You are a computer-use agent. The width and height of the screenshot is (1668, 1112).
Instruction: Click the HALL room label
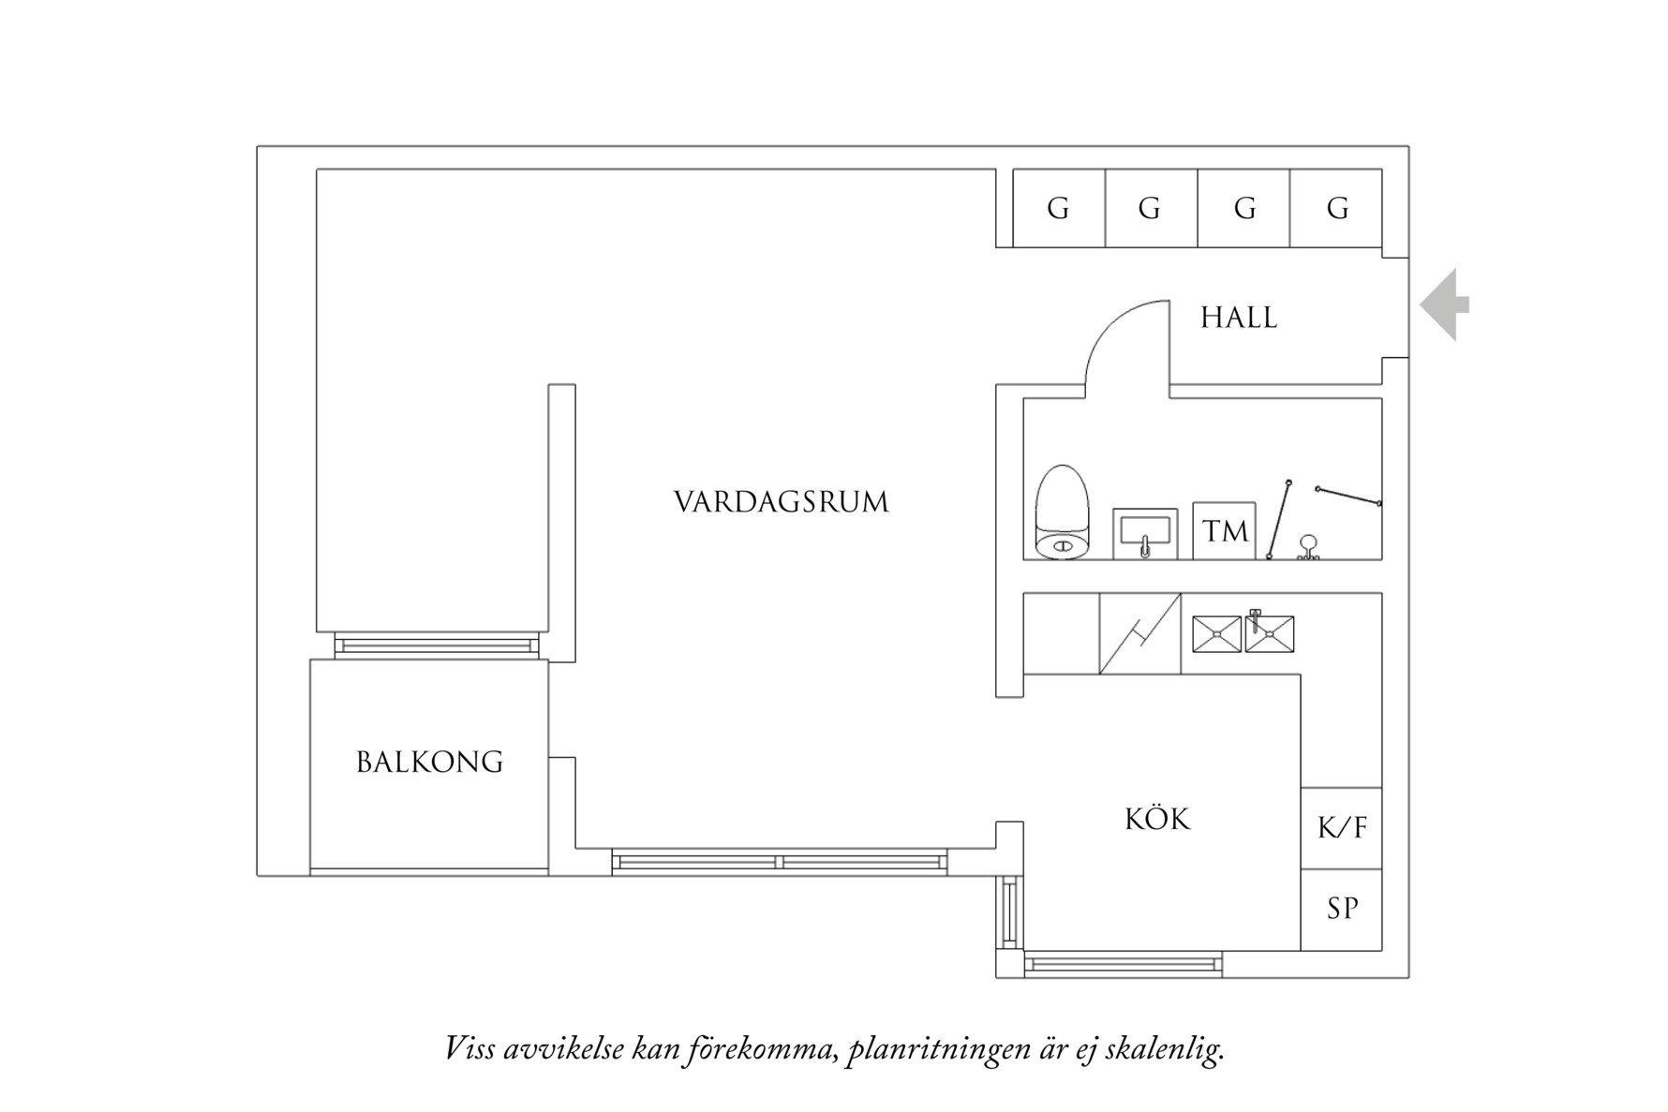(1238, 318)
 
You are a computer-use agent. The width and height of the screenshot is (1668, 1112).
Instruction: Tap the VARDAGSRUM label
(781, 502)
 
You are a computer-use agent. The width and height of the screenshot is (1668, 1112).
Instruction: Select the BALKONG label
(429, 762)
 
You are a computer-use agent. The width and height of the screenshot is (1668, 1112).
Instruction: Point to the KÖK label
(1157, 820)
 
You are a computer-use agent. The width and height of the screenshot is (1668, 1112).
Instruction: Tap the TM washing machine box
(1224, 531)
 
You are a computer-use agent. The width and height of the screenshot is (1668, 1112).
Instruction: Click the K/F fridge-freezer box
(1341, 828)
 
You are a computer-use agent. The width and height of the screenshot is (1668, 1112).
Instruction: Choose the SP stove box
(1341, 909)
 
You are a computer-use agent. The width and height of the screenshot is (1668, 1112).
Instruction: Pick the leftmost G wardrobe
(1059, 208)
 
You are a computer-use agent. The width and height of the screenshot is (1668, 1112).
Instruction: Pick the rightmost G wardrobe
(1336, 208)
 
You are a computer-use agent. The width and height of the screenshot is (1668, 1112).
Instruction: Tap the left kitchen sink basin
(1216, 634)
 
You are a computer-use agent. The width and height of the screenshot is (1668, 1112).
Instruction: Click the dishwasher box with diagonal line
(1139, 633)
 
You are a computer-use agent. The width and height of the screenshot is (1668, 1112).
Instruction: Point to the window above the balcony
(437, 645)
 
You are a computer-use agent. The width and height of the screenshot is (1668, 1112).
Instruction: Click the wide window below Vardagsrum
(779, 861)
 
